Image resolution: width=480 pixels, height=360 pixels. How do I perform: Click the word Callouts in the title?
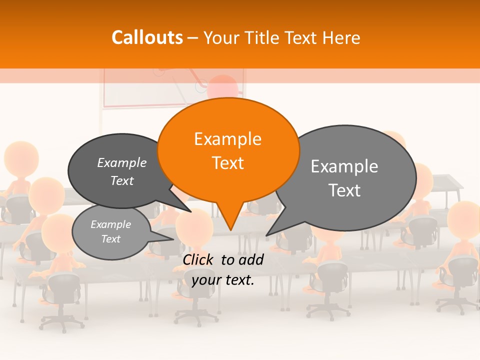click(147, 37)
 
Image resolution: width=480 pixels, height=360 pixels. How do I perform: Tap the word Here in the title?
click(341, 37)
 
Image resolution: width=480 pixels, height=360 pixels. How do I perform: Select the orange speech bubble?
click(228, 150)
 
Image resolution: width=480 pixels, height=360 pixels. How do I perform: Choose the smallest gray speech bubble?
click(111, 232)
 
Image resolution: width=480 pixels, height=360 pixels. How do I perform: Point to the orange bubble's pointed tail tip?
click(230, 229)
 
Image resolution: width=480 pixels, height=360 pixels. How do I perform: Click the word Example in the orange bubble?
click(227, 139)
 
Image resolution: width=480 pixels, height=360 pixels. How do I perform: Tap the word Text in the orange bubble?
click(227, 163)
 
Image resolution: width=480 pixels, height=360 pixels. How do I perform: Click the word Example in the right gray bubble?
click(344, 166)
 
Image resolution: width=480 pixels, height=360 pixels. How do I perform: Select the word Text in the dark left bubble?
click(122, 181)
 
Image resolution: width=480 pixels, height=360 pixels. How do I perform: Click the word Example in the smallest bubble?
click(110, 224)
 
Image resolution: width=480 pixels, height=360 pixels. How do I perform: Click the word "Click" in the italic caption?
click(198, 259)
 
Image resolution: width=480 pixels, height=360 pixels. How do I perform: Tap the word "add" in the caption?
click(251, 259)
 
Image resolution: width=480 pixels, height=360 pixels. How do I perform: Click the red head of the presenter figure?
click(222, 86)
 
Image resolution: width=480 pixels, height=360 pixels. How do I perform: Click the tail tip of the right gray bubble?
click(267, 235)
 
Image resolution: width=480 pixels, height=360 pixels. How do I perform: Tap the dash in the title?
click(193, 38)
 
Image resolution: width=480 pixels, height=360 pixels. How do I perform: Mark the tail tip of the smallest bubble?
click(173, 239)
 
